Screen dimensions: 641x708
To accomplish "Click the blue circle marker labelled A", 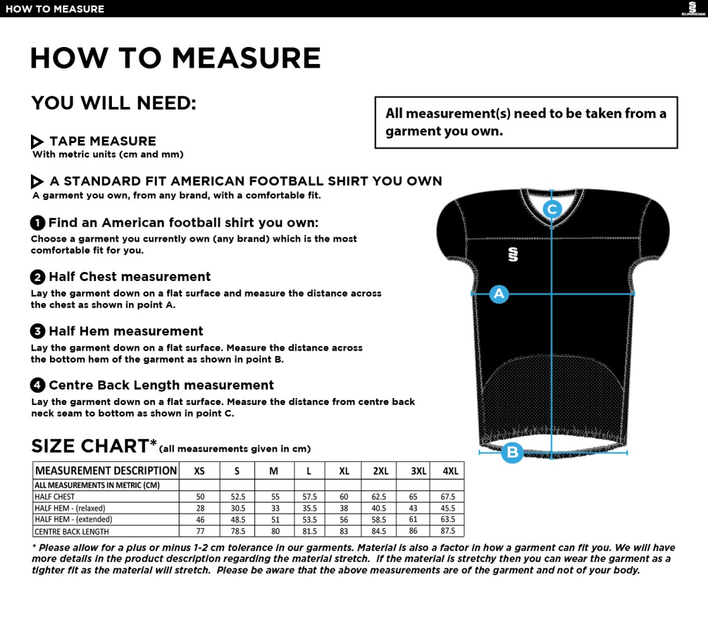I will tap(499, 294).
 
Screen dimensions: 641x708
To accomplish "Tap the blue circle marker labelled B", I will tap(512, 452).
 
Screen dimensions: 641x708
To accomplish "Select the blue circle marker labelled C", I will tap(552, 209).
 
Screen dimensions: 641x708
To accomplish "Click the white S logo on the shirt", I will tap(513, 254).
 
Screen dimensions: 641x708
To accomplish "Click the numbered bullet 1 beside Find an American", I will tap(38, 223).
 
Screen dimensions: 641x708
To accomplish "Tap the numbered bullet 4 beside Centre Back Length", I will tap(38, 385).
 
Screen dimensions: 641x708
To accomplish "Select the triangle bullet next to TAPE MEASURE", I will tap(37, 142).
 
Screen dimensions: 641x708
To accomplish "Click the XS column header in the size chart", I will tap(199, 471).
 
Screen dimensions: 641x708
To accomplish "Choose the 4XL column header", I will tap(450, 471).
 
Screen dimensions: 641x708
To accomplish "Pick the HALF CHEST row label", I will tap(54, 497).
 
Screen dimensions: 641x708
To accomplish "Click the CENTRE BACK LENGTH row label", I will tap(71, 532).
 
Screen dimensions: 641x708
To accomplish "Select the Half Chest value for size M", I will tap(275, 497).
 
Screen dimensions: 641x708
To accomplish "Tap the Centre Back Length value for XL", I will tap(344, 532).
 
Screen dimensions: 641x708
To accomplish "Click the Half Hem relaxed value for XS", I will tap(200, 508).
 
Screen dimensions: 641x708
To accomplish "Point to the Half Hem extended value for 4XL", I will tap(448, 520).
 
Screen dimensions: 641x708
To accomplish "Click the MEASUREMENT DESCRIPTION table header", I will tap(106, 471).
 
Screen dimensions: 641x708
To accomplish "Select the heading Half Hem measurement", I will tap(125, 331).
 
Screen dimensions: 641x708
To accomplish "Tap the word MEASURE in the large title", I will tap(247, 59).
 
